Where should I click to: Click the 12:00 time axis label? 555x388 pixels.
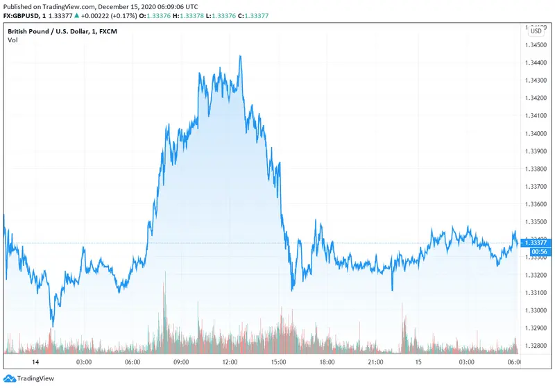[230, 362]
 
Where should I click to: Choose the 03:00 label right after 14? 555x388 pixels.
[83, 362]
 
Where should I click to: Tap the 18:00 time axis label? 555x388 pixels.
[328, 362]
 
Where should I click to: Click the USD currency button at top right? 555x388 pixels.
[536, 31]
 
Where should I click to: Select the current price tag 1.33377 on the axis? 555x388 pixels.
[536, 242]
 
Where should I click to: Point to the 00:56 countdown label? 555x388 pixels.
[536, 251]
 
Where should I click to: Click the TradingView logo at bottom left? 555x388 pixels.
[28, 378]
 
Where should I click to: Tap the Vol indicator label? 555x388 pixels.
[12, 40]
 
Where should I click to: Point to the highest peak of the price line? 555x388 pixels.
[240, 56]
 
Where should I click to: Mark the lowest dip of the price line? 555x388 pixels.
[52, 326]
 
